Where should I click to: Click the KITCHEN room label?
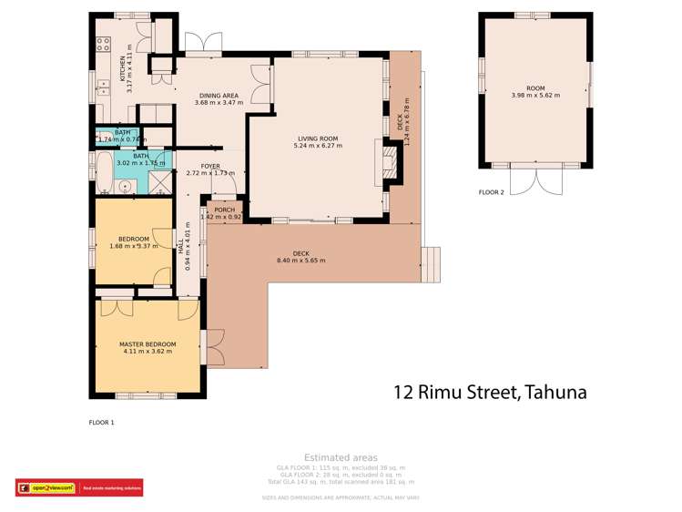[122, 67]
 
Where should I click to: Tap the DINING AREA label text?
[218, 95]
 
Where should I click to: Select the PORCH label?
[224, 210]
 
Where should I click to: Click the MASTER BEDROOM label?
[148, 344]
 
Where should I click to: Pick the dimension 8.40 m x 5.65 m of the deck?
[300, 261]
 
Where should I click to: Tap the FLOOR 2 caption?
[491, 192]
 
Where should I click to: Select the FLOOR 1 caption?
[101, 422]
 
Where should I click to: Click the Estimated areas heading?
[340, 457]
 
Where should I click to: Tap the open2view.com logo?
[46, 488]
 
